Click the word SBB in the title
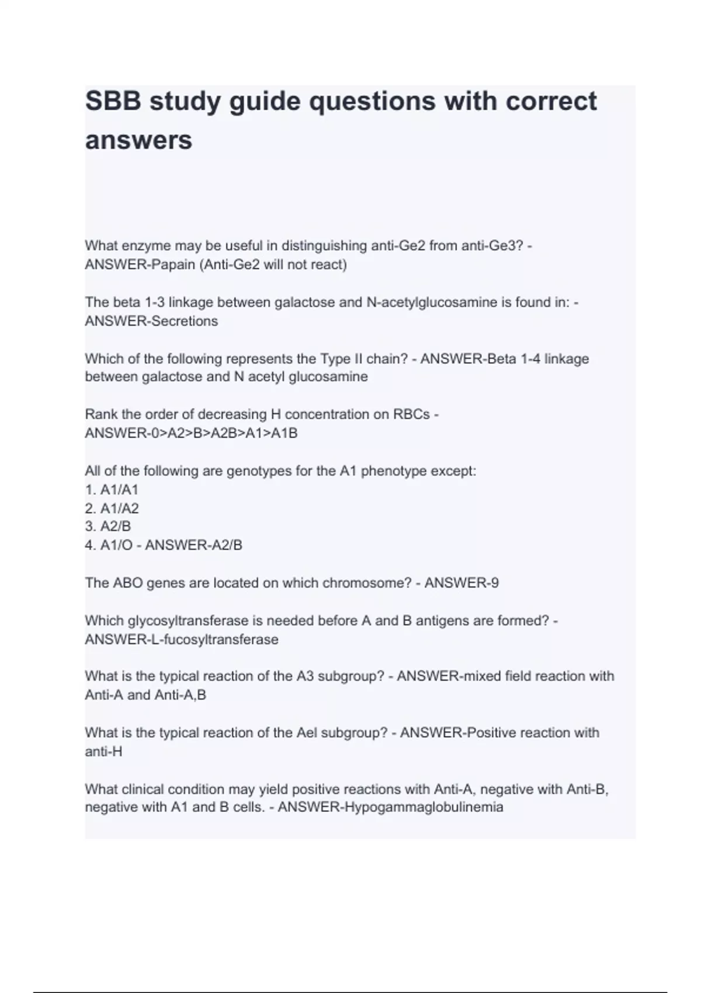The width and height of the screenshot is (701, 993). click(x=112, y=101)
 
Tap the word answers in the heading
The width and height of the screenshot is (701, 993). click(x=138, y=140)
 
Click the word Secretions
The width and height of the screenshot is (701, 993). click(x=185, y=321)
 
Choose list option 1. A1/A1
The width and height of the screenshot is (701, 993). click(x=112, y=489)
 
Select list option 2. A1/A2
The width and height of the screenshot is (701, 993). click(x=112, y=508)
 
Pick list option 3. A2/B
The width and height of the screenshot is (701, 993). click(x=107, y=526)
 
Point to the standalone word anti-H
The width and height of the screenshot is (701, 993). click(x=103, y=752)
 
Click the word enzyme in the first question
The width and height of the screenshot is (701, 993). click(x=145, y=246)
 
